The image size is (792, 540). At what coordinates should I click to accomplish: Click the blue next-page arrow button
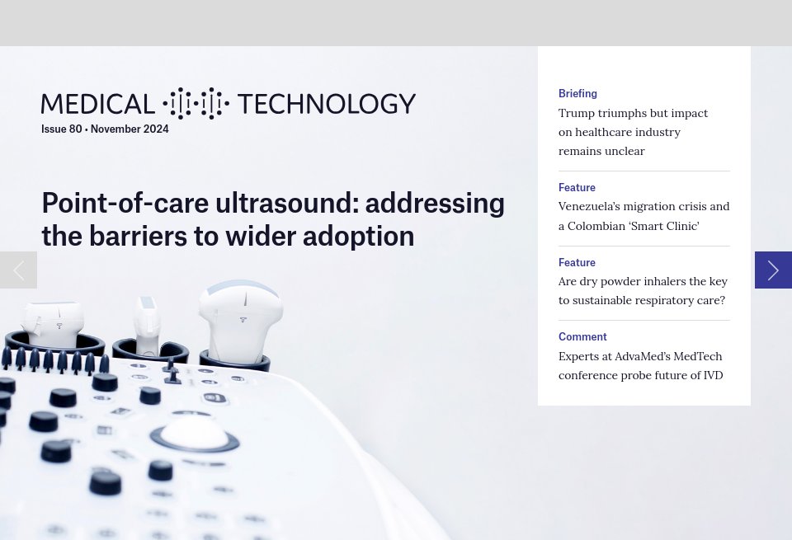coord(773,270)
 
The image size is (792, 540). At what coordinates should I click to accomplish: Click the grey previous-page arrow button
coord(18,270)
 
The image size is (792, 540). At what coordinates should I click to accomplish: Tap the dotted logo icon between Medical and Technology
coord(196,104)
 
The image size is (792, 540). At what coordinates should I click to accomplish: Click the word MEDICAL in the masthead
coord(98,104)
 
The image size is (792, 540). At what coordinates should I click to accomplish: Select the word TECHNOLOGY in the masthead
coord(326,104)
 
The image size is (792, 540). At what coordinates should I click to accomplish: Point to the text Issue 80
coord(62,129)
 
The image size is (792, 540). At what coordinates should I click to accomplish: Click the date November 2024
coord(130,129)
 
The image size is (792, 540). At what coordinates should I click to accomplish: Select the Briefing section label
coord(577,93)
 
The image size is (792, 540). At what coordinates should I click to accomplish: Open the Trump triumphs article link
coord(633,132)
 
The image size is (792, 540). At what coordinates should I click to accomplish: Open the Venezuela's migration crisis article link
coord(643,216)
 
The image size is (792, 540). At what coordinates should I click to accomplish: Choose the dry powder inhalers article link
coord(643,290)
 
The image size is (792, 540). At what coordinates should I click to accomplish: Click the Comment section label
coord(582,336)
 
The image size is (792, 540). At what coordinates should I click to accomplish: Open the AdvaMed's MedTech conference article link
coord(640,365)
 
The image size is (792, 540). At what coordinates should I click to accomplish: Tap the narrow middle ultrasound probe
coord(147,322)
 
